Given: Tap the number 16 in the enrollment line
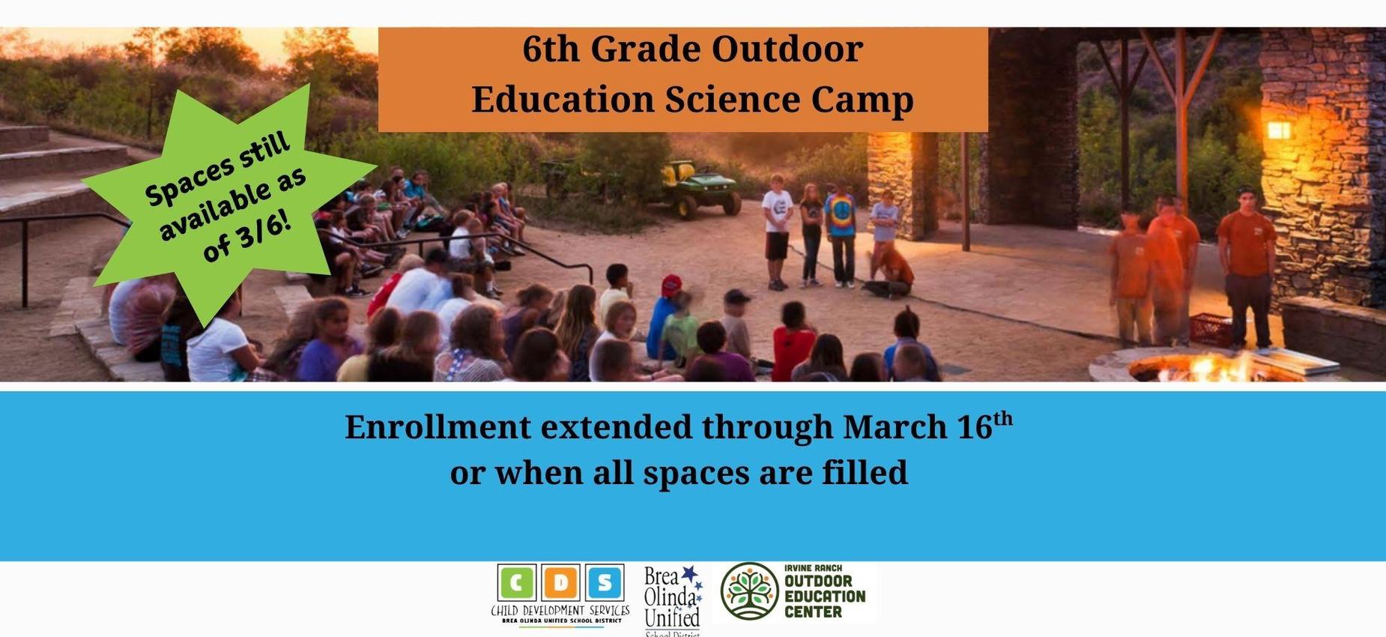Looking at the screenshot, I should point(975,427).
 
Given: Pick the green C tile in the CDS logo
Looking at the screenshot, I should point(516,583).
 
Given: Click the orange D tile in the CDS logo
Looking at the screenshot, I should point(560,583).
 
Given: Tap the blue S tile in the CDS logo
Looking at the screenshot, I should point(604,583).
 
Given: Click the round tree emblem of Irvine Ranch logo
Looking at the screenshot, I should point(749,591).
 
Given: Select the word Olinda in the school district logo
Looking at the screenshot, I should point(670,597).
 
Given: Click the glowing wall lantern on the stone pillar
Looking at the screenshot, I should point(1278,130).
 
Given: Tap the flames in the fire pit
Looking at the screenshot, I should point(1199,368).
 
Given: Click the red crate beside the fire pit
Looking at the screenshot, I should point(1209,330).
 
